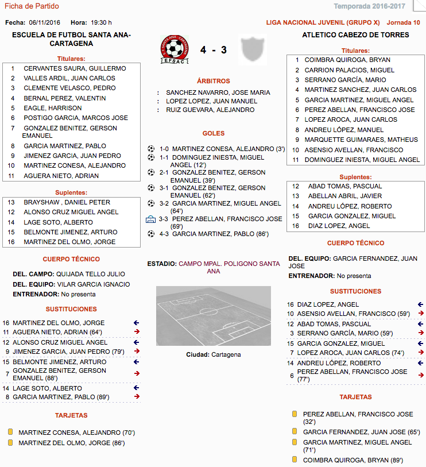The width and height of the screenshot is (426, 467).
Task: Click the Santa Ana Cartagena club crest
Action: click(176, 49)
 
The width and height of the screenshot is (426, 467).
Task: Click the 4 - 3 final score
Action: click(213, 50)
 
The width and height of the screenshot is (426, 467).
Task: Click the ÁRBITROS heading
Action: click(213, 81)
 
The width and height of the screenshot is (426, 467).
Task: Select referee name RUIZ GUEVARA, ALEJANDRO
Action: click(210, 110)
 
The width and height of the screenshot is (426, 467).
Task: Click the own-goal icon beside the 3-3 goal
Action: click(151, 219)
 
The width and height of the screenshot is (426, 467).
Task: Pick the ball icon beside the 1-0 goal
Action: click(151, 149)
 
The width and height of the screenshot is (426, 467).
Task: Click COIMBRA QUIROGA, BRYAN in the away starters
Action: click(347, 60)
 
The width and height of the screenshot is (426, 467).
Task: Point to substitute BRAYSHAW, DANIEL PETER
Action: click(67, 202)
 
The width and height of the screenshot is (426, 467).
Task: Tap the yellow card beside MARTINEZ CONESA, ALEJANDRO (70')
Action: click(10, 433)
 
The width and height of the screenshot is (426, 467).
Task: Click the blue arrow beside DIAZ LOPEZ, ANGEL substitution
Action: click(421, 304)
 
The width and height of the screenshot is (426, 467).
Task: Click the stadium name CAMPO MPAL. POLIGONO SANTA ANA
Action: click(229, 267)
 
